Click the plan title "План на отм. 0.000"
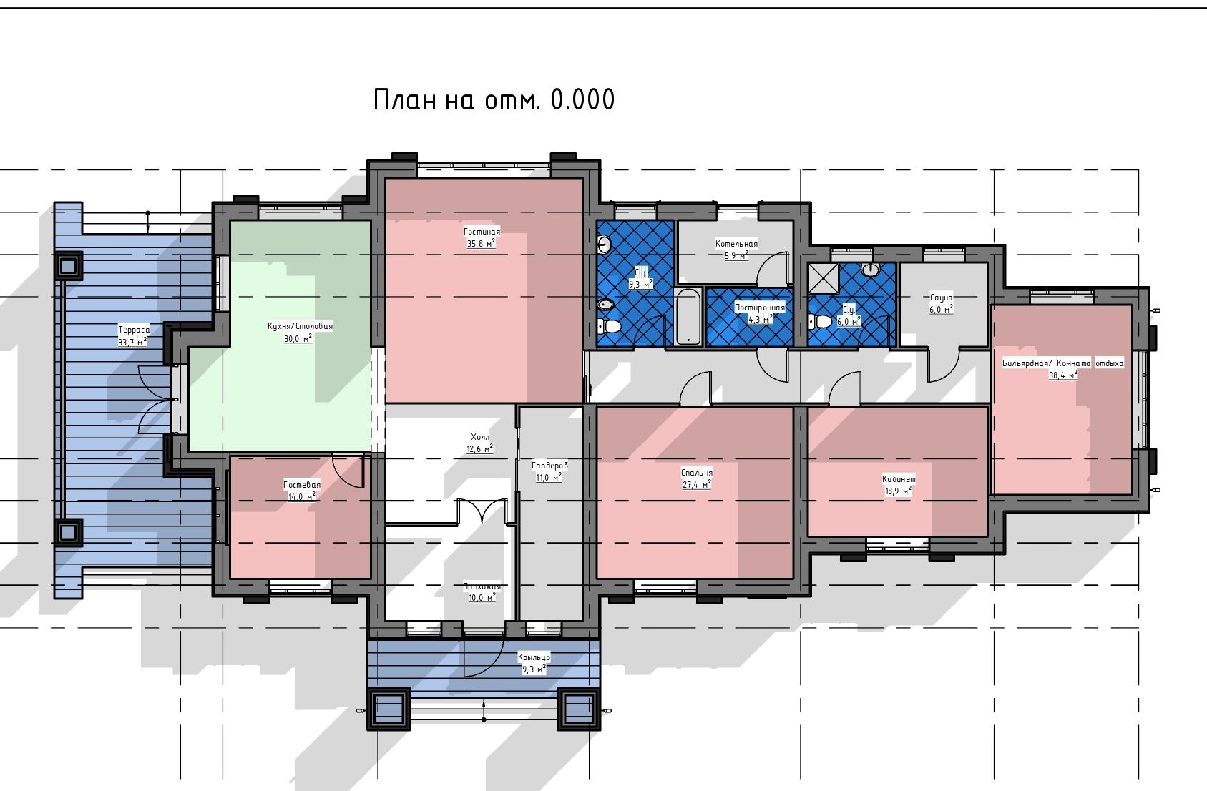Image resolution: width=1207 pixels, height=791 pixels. coord(494,99)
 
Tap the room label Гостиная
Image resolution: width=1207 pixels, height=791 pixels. coord(482,232)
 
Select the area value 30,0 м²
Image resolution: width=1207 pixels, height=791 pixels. coord(298,339)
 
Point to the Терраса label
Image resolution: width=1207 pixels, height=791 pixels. coord(134,330)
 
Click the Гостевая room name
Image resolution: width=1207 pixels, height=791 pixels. coord(302,485)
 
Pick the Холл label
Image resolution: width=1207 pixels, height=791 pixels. coord(480,437)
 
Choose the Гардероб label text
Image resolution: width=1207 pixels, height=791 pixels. coord(549,465)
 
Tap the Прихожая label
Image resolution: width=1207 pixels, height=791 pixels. coord(482,586)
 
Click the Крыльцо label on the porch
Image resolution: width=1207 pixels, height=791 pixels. coord(534,657)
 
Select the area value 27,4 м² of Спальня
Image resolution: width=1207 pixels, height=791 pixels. coord(697,485)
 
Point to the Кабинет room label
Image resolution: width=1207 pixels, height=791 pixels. coord(898,478)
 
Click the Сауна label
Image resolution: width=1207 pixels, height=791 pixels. coord(941,298)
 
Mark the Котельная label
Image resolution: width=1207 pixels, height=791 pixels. coord(736,244)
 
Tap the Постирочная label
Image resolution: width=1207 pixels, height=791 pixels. coord(760,308)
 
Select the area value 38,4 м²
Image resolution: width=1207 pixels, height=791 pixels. coord(1063,375)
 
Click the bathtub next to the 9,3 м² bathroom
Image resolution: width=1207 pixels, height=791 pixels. coord(688,317)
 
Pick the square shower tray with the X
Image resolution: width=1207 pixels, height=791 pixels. coord(824,279)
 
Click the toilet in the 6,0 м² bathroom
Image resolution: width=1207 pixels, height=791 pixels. coord(820,322)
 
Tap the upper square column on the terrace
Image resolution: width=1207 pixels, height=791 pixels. coord(68,266)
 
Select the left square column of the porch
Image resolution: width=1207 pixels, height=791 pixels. coord(389,709)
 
